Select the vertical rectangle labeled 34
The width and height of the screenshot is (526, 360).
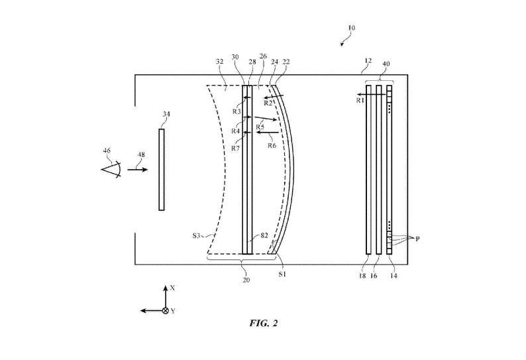[161, 170]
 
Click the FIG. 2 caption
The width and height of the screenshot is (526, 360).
[264, 323]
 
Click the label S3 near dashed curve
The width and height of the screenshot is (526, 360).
[197, 235]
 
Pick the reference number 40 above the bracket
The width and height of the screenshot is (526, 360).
[387, 64]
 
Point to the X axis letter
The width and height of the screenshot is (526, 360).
[172, 288]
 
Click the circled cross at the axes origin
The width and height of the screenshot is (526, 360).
[165, 310]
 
